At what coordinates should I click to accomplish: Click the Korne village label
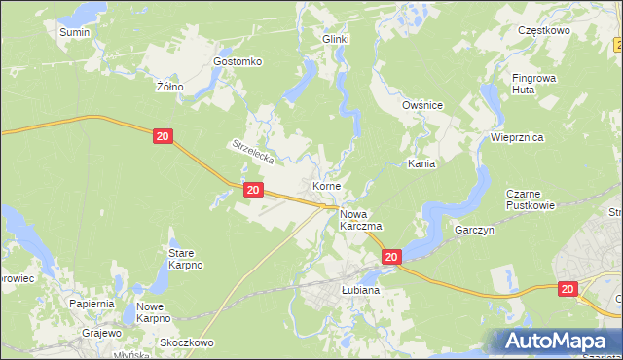click(x=325, y=185)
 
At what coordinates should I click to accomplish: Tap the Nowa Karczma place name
click(x=360, y=219)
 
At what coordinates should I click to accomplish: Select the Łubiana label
click(x=360, y=290)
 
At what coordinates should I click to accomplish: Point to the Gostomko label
click(x=238, y=61)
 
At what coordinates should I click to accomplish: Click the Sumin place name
click(x=74, y=32)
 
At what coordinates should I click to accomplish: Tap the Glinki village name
click(x=336, y=39)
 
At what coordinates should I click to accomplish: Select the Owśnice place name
click(x=422, y=105)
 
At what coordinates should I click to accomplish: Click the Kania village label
click(x=421, y=164)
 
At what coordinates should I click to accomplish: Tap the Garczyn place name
click(x=476, y=231)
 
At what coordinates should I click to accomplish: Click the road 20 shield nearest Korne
click(x=252, y=191)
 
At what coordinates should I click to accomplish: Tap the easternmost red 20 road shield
click(x=568, y=289)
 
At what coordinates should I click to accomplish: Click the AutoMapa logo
click(x=560, y=341)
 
